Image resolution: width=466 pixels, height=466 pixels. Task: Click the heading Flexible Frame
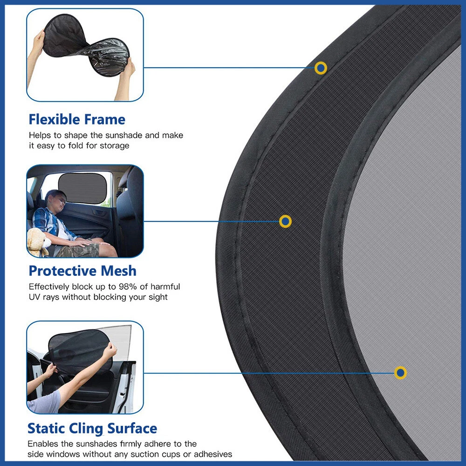pyautogui.click(x=77, y=119)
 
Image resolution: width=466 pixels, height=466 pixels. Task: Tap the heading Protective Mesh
pyautogui.click(x=82, y=271)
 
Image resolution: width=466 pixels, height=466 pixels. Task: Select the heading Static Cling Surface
pyautogui.click(x=92, y=429)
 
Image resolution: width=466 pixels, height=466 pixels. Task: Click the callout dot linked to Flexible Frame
pyautogui.click(x=321, y=68)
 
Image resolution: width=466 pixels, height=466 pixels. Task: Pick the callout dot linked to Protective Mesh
pyautogui.click(x=285, y=221)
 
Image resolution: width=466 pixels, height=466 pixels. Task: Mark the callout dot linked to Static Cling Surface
pyautogui.click(x=400, y=373)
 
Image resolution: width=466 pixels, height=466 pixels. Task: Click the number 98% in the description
pyautogui.click(x=128, y=287)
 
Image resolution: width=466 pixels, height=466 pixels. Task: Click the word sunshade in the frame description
pyautogui.click(x=124, y=136)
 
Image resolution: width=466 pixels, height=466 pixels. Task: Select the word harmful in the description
pyautogui.click(x=165, y=287)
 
